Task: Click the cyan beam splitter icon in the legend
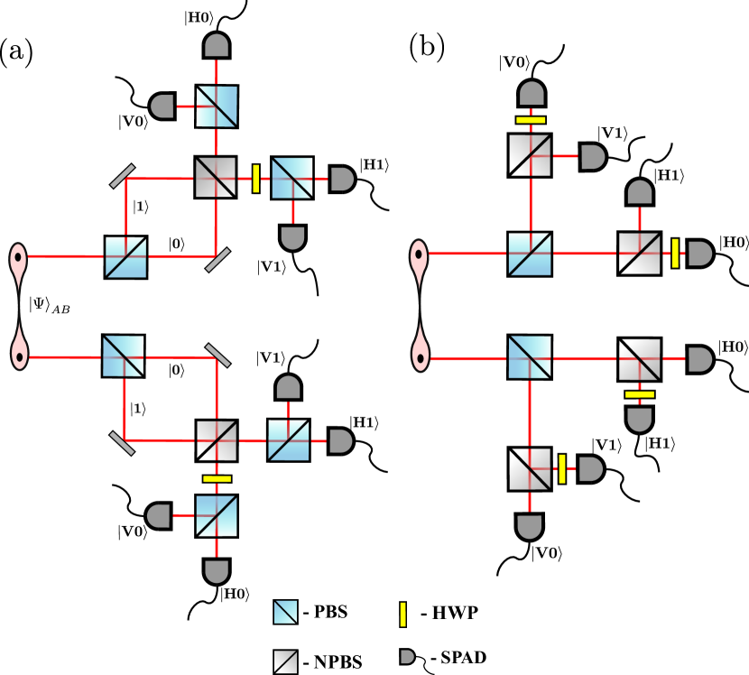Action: coord(285,612)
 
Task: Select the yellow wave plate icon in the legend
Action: coord(402,615)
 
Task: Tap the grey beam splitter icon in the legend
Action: coord(285,661)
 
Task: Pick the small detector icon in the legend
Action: coord(407,657)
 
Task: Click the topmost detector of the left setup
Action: coord(217,45)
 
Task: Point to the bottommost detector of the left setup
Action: coord(217,571)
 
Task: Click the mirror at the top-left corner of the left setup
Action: coord(123,176)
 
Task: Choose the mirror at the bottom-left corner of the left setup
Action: coord(122,443)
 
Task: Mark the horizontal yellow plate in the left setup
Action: coord(217,478)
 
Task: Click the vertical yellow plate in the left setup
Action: coord(256,179)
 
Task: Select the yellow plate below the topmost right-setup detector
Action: coord(531,120)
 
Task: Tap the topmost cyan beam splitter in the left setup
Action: coord(217,106)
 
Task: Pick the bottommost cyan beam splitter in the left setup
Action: coord(217,515)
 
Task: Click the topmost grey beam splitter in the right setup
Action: coord(530,155)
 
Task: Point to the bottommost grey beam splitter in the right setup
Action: coord(530,469)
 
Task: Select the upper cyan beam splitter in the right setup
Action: coord(530,254)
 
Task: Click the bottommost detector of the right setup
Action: coord(530,526)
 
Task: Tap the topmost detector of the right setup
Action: coord(532,94)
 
